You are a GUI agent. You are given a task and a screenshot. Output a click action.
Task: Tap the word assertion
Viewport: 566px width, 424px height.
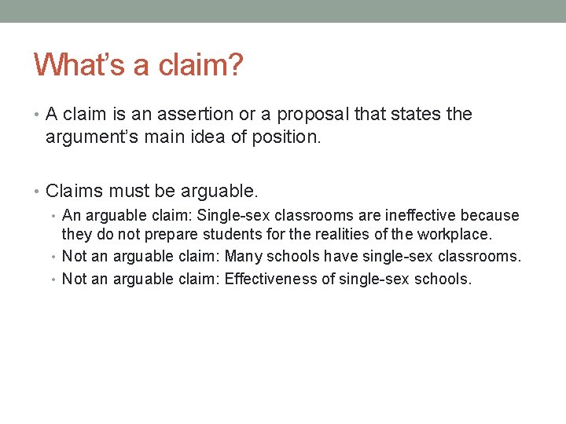(196, 115)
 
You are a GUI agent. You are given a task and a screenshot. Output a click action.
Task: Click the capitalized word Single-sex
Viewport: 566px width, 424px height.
(233, 215)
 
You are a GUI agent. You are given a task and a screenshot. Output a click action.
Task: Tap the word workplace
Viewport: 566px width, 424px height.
(453, 234)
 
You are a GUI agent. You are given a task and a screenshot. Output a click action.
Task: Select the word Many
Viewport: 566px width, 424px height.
(244, 256)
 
